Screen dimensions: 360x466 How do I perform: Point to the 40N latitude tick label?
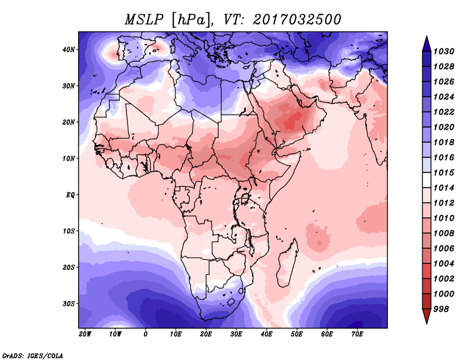pyautogui.click(x=69, y=50)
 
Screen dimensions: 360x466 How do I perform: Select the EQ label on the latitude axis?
pyautogui.click(x=70, y=195)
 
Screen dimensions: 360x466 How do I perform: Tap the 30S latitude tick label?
pyautogui.click(x=69, y=303)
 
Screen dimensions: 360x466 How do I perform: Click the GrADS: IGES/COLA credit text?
pyautogui.click(x=33, y=355)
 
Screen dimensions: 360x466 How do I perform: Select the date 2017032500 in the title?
pyautogui.click(x=297, y=19)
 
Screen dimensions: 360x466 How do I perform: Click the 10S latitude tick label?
pyautogui.click(x=69, y=231)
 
